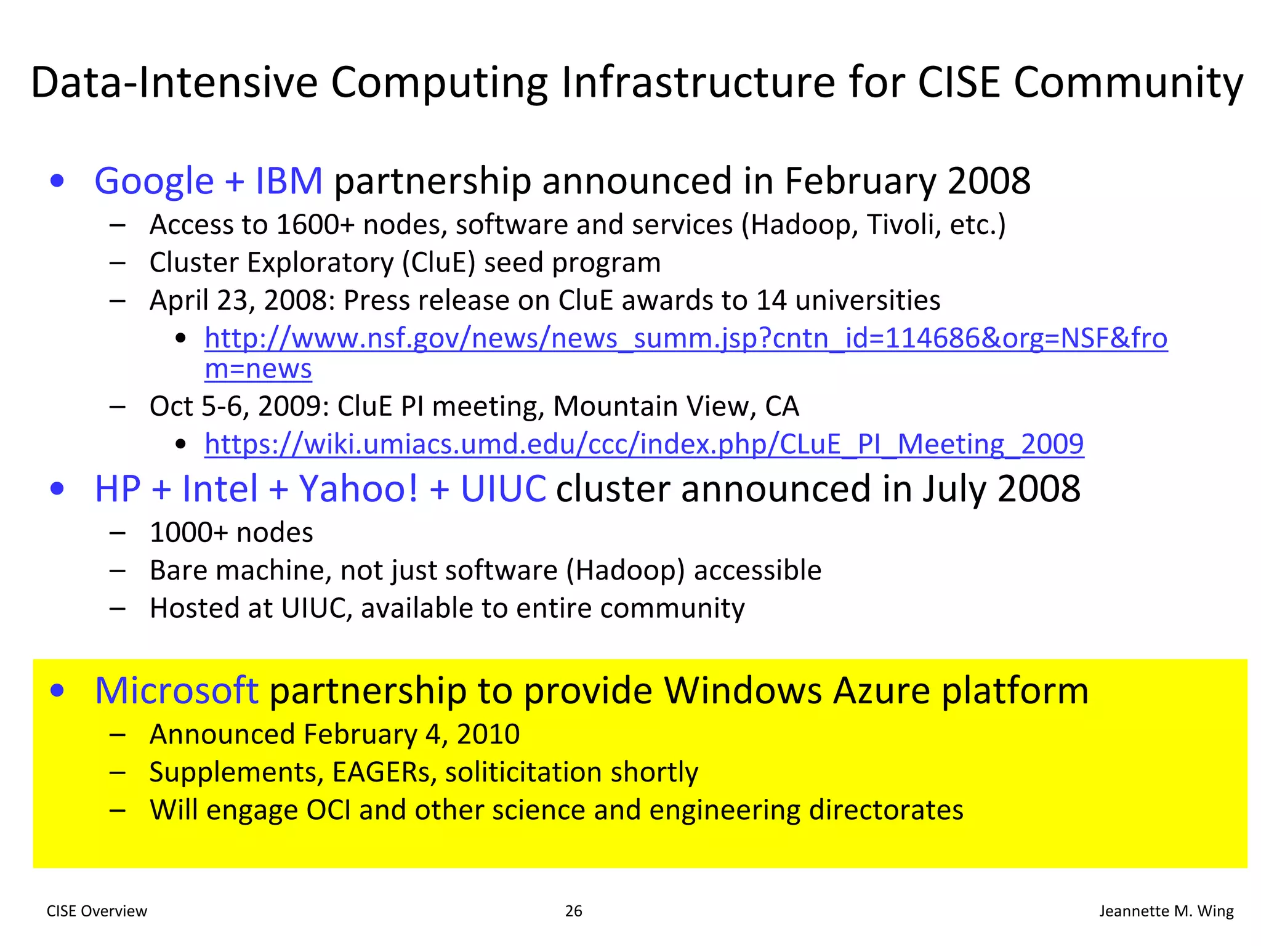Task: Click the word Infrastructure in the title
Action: (x=699, y=83)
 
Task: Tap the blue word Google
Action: (x=154, y=181)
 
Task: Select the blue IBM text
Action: (x=289, y=181)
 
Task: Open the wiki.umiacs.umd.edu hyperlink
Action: (x=644, y=444)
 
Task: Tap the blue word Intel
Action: (x=220, y=489)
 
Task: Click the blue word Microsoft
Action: (x=176, y=690)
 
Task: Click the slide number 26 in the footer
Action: (x=573, y=911)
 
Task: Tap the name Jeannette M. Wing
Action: (x=1166, y=911)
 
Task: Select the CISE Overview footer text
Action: (x=97, y=911)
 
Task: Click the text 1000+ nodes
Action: (x=232, y=533)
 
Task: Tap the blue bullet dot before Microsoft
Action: (x=57, y=690)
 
